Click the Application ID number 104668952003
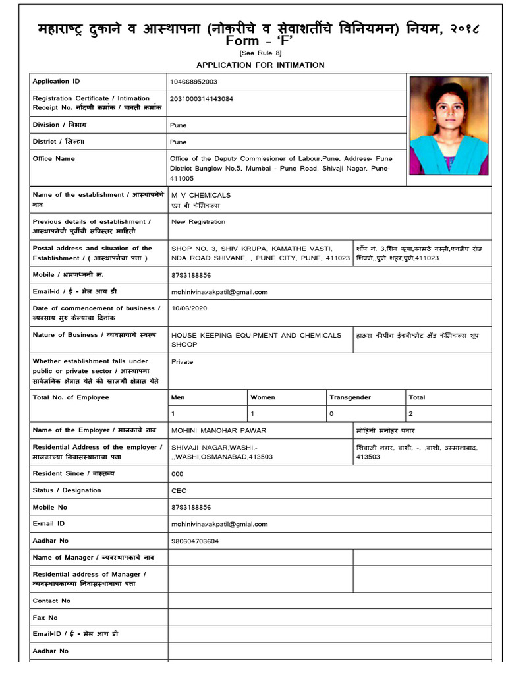tap(194, 82)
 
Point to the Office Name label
tap(54, 158)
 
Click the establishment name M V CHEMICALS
tap(201, 196)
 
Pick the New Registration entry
tap(198, 222)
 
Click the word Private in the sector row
tap(182, 361)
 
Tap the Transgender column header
tap(350, 397)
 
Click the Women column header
tap(263, 397)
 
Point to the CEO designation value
tap(179, 490)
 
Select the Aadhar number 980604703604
tap(194, 541)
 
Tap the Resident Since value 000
tap(177, 474)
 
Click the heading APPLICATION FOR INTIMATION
tap(260, 65)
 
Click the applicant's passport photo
tap(449, 125)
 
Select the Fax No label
tap(45, 618)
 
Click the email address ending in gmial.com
tap(219, 524)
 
